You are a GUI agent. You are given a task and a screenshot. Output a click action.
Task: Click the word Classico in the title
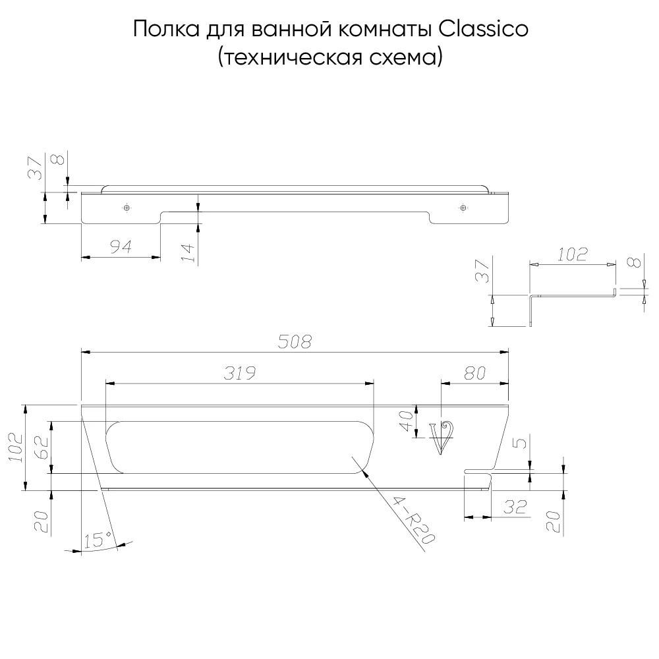tap(483, 29)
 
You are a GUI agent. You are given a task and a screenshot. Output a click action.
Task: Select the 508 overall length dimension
tap(295, 341)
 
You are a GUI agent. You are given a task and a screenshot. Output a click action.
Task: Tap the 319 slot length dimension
tap(240, 373)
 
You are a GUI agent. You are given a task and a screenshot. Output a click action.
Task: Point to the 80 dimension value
tap(475, 373)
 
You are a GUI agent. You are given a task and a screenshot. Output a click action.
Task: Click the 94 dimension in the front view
tap(121, 246)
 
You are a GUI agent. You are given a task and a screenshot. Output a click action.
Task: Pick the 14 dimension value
tap(189, 252)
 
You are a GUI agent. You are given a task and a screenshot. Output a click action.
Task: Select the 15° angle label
tap(98, 540)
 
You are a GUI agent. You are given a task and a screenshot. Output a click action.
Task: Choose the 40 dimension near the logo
tap(407, 421)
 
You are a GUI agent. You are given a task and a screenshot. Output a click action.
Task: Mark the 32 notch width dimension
tap(515, 507)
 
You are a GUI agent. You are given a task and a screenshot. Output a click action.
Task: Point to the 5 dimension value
tap(521, 444)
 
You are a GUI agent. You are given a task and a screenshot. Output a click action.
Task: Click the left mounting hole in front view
tap(127, 207)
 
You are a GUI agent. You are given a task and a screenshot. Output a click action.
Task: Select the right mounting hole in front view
tap(463, 207)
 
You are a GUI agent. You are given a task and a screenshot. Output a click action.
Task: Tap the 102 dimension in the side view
tap(573, 254)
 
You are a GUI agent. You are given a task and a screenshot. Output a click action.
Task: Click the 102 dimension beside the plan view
tap(16, 447)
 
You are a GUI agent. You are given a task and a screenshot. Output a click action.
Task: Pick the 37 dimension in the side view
tap(482, 271)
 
